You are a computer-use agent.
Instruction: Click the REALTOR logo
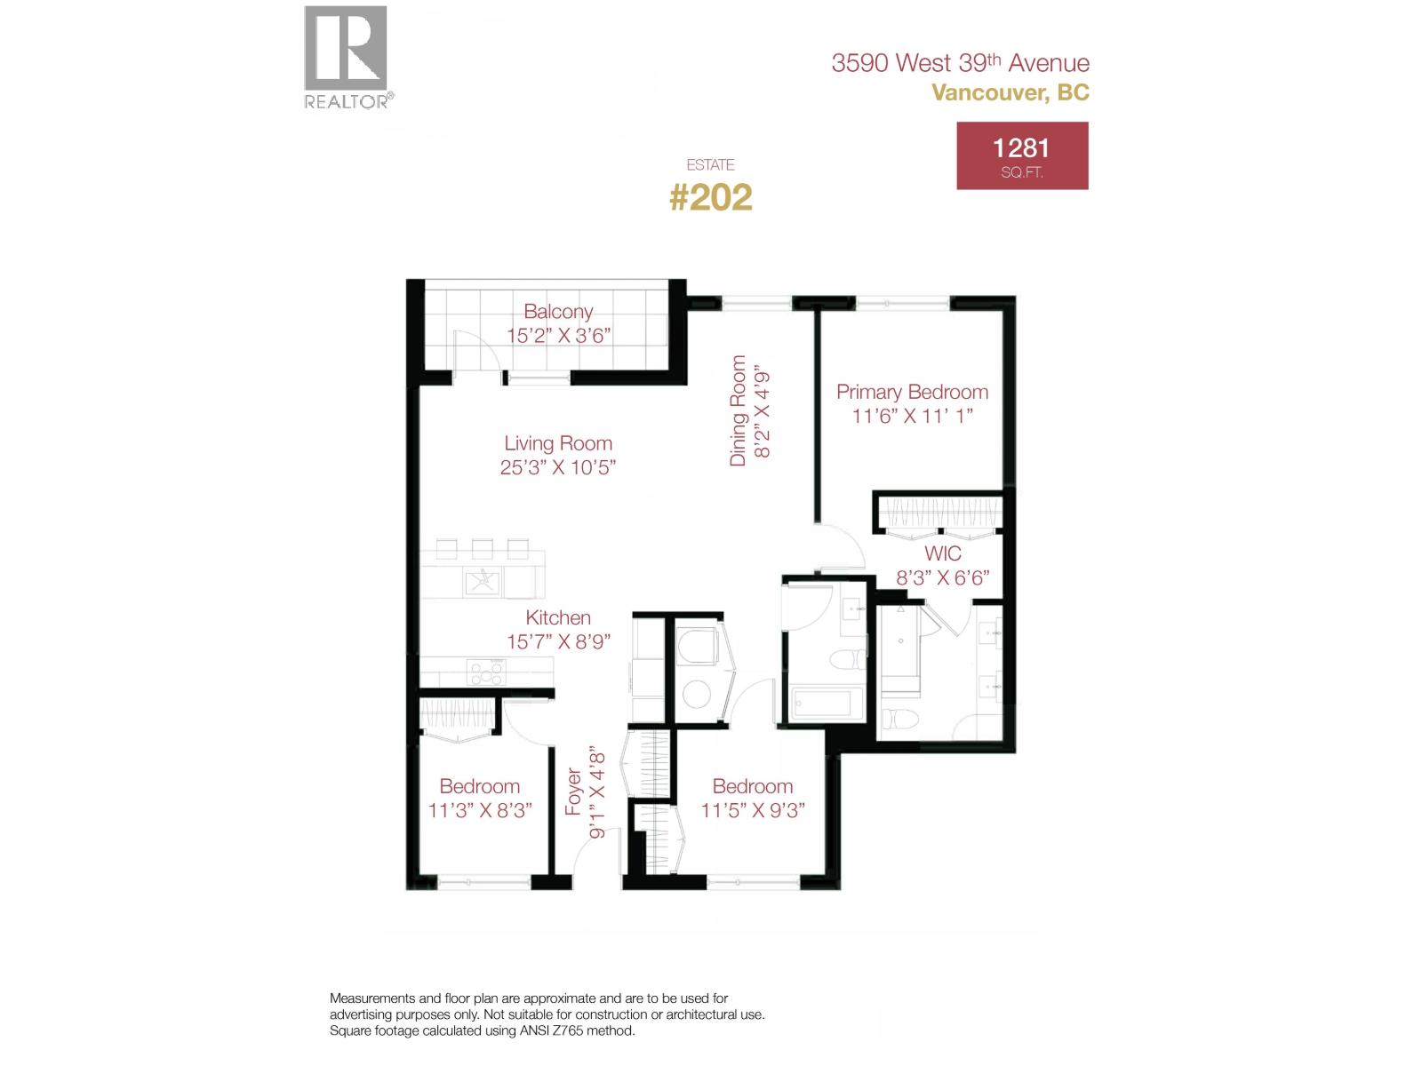347,56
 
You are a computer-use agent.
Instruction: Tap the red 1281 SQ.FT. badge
1022,156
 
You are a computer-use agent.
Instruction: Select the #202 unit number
710,197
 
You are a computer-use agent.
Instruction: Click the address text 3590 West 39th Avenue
960,63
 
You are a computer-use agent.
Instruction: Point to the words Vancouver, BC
1011,92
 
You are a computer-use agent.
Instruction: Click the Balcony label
558,312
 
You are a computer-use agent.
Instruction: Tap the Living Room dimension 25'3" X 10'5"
558,467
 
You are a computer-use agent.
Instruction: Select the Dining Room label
739,410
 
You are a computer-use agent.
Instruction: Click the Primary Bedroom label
912,392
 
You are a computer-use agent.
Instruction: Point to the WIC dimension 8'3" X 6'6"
942,578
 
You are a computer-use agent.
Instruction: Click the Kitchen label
558,617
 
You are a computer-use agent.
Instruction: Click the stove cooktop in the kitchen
483,672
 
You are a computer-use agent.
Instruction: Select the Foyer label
574,792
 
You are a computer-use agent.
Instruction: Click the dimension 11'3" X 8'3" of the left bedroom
480,810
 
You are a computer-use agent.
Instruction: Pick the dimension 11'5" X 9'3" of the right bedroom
753,810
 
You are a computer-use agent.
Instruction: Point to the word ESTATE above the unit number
710,164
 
